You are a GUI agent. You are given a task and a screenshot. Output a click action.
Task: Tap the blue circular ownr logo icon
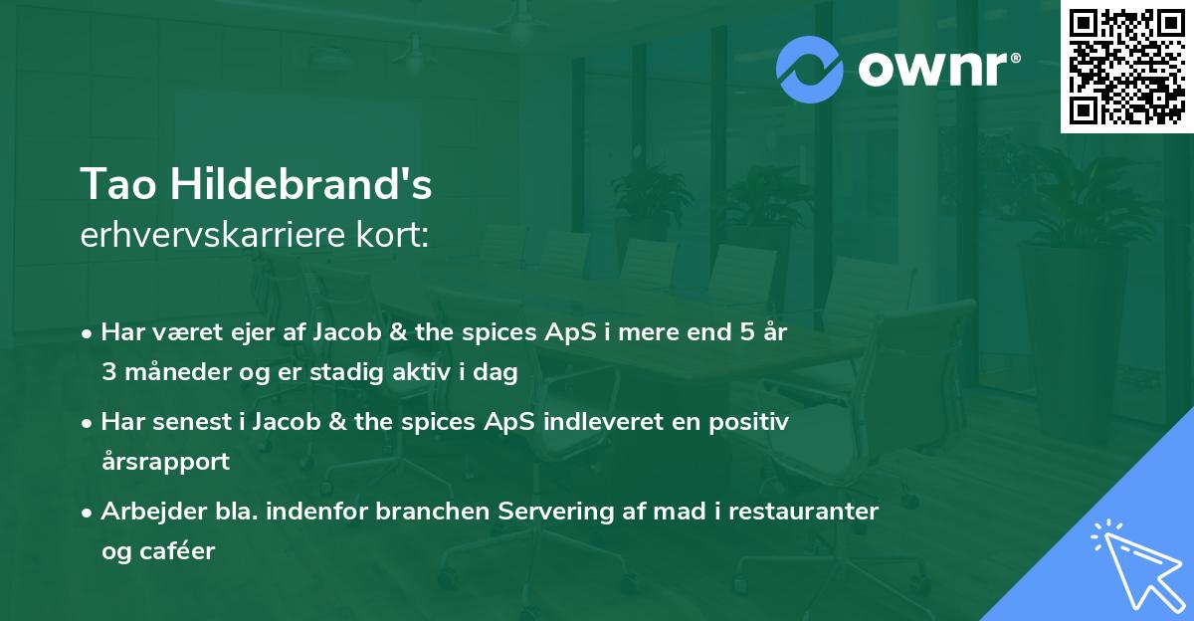810,69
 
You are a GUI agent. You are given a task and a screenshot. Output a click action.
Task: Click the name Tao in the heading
116,184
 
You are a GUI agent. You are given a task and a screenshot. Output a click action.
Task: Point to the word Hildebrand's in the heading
298,184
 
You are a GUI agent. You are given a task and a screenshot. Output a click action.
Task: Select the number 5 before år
749,333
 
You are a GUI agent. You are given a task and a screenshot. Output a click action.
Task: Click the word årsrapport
165,462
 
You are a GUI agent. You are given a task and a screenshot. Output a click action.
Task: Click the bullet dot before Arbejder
89,513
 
